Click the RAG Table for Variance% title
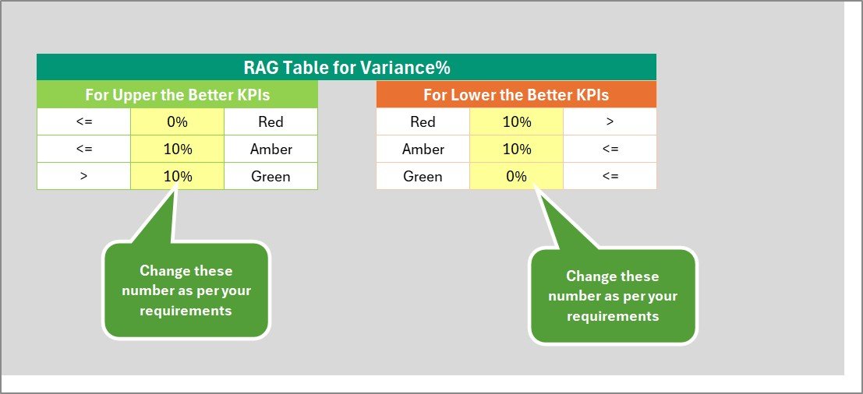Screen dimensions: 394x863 click(x=346, y=67)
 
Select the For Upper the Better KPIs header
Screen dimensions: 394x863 click(x=177, y=95)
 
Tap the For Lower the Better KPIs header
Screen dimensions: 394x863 click(x=516, y=95)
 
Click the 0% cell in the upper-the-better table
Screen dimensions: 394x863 click(x=177, y=121)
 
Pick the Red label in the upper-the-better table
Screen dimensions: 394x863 click(x=271, y=121)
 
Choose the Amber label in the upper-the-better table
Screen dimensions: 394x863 click(x=271, y=149)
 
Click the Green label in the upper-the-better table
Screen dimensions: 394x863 click(x=271, y=176)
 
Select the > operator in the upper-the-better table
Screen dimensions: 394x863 click(x=83, y=176)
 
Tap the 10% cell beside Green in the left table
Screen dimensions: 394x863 click(x=177, y=176)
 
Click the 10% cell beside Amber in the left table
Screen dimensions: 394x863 click(x=177, y=149)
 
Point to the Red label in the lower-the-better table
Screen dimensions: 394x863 click(x=423, y=121)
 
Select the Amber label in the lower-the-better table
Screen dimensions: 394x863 click(x=423, y=149)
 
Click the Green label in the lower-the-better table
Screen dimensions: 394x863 click(x=423, y=176)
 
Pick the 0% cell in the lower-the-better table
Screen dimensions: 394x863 click(x=516, y=176)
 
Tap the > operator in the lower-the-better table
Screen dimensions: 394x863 click(x=610, y=121)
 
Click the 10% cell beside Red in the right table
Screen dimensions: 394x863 click(x=516, y=121)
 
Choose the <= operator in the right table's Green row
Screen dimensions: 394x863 click(x=610, y=176)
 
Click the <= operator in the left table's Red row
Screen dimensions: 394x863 click(x=83, y=121)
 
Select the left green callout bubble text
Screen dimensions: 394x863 click(x=186, y=290)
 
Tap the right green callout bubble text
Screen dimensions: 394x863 click(x=613, y=296)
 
